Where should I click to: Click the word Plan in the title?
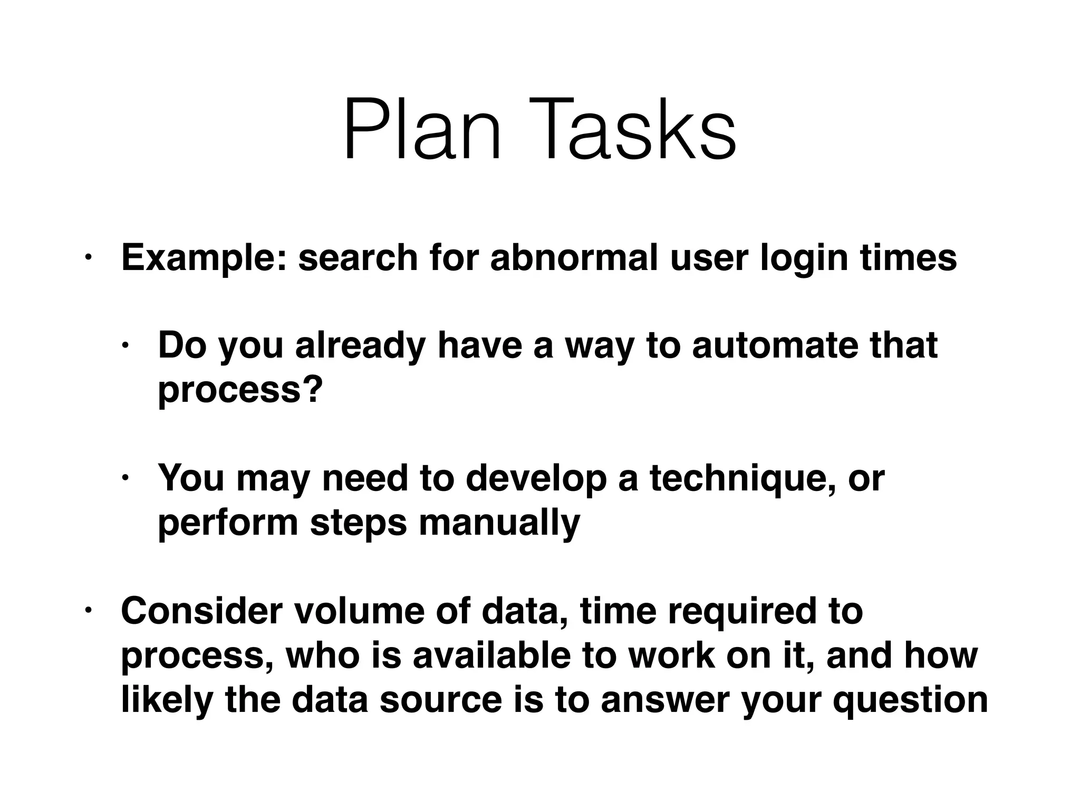pos(422,130)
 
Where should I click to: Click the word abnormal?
pos(574,258)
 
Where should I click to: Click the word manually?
pos(499,524)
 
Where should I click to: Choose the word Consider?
pos(199,611)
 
